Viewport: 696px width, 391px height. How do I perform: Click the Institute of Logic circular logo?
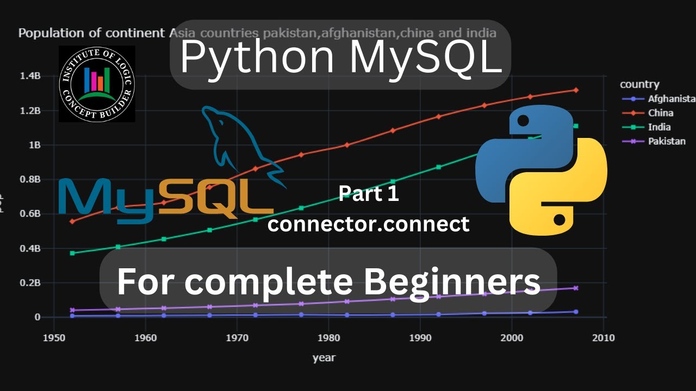(97, 84)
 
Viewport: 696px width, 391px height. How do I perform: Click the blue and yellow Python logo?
(541, 171)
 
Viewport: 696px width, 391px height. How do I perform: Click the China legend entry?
(660, 113)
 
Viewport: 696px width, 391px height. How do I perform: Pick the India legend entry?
(659, 127)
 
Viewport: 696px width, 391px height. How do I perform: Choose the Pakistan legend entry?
(666, 141)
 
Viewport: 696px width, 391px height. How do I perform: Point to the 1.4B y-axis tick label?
(30, 76)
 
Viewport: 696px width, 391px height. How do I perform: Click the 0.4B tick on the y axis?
(30, 248)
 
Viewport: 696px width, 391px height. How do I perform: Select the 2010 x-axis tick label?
(603, 338)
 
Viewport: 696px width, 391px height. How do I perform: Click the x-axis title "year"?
(324, 358)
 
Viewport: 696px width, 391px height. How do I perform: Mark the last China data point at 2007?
(576, 90)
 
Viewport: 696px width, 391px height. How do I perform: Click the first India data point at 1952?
(72, 253)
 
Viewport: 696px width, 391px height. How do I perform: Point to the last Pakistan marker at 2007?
(576, 288)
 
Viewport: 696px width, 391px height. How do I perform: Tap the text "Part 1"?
(369, 194)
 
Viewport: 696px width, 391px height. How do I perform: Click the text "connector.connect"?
(368, 223)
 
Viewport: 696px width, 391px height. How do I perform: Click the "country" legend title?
(639, 84)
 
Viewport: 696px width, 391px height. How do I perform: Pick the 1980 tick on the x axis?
(328, 338)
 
